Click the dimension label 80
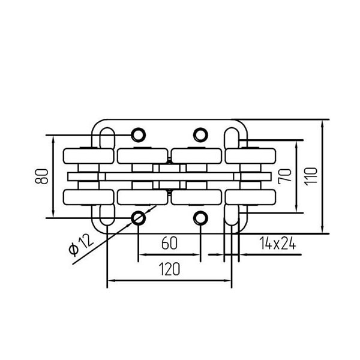coord(41,176)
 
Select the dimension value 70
coord(284,176)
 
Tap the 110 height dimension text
coord(311,176)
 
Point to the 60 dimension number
coord(169,243)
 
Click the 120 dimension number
coord(169,269)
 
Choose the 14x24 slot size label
coord(278,243)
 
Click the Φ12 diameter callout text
coord(81,245)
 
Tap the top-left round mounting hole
coord(138,135)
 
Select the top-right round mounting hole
coord(200,135)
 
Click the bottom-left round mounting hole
coord(138,218)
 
